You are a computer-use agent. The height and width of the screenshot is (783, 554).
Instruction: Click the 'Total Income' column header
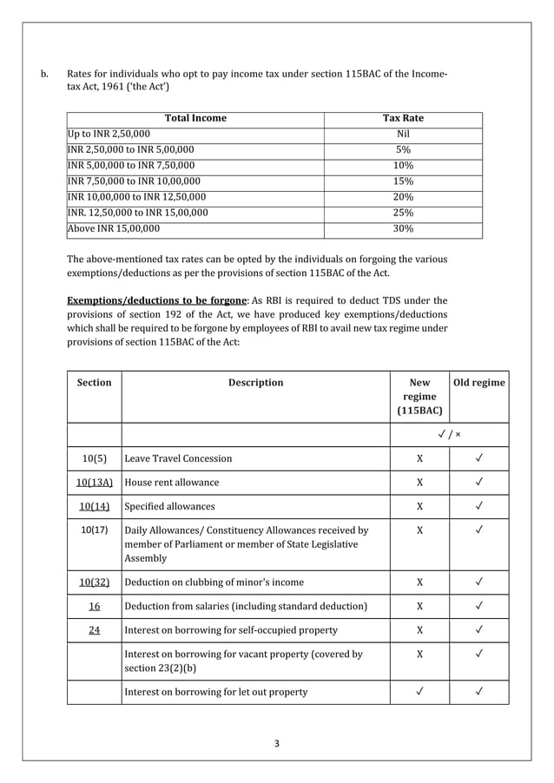(x=195, y=118)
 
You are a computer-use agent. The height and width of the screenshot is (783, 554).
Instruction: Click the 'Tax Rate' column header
(x=403, y=118)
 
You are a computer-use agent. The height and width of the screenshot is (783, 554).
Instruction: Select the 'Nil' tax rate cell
(x=403, y=135)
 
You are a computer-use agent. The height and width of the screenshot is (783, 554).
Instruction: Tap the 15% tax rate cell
(x=403, y=181)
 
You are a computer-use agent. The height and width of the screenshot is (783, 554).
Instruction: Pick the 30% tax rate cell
(x=403, y=229)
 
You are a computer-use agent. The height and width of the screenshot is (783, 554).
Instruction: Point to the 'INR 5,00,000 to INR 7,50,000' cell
(x=131, y=166)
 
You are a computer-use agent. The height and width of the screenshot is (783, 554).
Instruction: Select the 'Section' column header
(x=94, y=382)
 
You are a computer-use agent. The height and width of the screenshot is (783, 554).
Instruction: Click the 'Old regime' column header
(x=479, y=382)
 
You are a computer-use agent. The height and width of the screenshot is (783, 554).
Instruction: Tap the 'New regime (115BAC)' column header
(x=419, y=396)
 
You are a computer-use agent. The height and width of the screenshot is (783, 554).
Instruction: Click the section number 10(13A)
(x=94, y=482)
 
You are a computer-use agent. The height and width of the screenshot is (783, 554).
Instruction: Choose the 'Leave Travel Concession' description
(x=178, y=458)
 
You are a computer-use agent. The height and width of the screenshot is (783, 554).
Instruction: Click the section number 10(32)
(x=94, y=582)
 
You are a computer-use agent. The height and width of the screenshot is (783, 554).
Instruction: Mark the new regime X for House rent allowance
(x=419, y=482)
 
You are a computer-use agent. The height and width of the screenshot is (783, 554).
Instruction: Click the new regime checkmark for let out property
(x=419, y=692)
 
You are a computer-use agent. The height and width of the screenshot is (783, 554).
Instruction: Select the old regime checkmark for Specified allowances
(x=479, y=506)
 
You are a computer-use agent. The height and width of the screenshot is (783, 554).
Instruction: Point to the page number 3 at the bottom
(x=276, y=743)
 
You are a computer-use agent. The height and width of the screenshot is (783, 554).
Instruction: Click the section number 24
(x=94, y=630)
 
